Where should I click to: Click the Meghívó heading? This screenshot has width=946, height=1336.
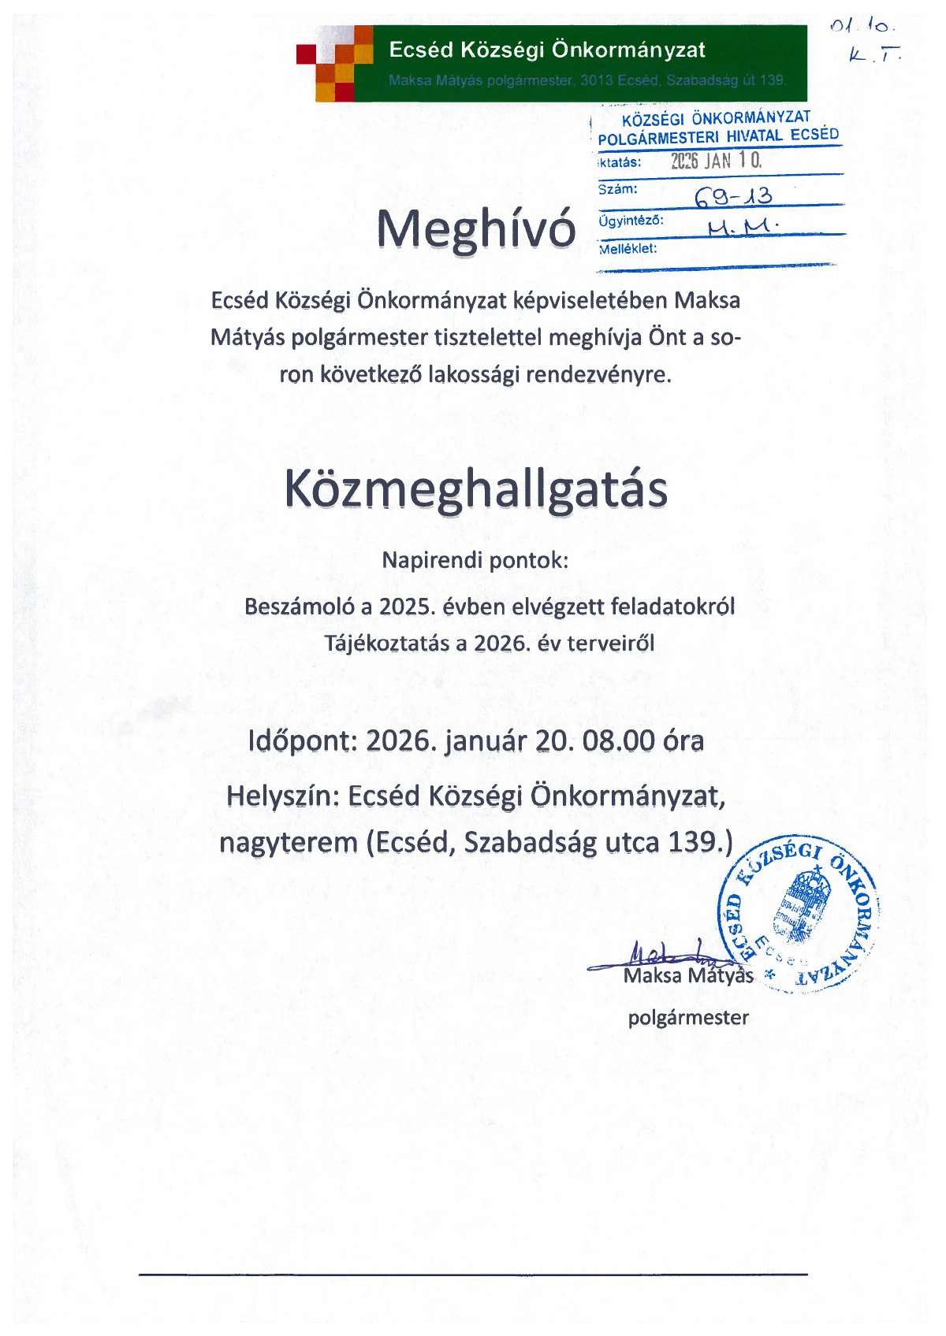[475, 229]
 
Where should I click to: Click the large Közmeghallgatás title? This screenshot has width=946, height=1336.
[475, 490]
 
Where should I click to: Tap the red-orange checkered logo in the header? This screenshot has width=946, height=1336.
[334, 63]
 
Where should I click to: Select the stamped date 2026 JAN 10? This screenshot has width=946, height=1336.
[716, 161]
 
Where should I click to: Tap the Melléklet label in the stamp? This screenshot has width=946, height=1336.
[628, 249]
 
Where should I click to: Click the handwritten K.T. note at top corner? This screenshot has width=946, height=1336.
[875, 54]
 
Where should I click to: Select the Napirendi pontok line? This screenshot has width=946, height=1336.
[475, 561]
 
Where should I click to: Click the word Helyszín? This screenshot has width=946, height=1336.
[282, 796]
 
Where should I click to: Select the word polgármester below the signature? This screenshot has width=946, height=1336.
[687, 1018]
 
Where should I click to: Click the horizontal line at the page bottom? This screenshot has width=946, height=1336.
[473, 1274]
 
